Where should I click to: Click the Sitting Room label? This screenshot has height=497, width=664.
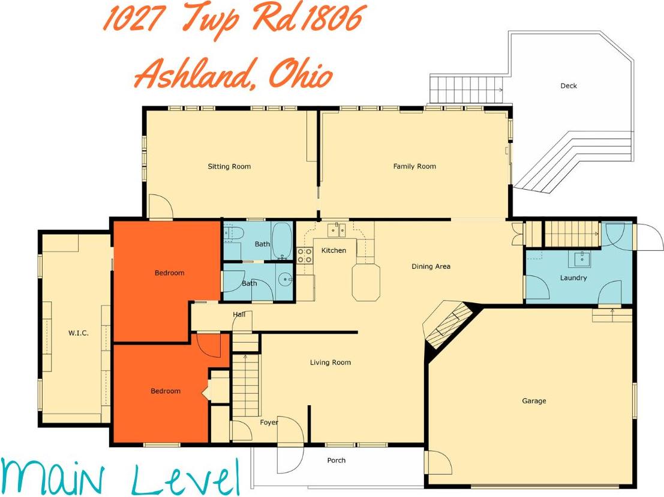coord(229,166)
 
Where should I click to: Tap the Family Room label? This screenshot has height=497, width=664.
coord(414,166)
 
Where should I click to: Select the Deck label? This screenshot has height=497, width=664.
coord(569,86)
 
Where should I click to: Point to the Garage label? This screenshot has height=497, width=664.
coord(534,401)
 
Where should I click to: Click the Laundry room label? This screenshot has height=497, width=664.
coord(573,278)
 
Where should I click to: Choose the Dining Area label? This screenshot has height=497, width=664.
coord(431,267)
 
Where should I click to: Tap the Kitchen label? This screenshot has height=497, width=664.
coord(333,250)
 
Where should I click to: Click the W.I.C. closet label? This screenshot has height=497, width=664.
coord(78,333)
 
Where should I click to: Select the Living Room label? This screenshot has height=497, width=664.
coord(331,363)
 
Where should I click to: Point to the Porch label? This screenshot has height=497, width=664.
coord(336,460)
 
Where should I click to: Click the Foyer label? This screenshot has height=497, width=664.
coord(269,423)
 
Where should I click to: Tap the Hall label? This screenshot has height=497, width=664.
coord(239,315)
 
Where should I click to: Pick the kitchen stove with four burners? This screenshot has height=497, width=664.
coord(305,256)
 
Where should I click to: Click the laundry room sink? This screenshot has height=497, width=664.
coord(580,259)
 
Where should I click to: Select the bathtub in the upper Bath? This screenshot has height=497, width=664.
coord(282,240)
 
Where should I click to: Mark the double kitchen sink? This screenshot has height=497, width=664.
coord(336,229)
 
